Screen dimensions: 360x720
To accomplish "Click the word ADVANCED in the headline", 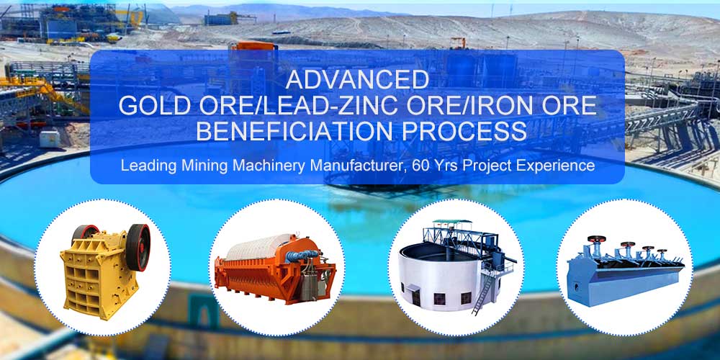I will [357, 78].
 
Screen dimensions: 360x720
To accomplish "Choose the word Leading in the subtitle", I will [146, 166].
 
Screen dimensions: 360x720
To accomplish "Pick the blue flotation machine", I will [623, 274].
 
